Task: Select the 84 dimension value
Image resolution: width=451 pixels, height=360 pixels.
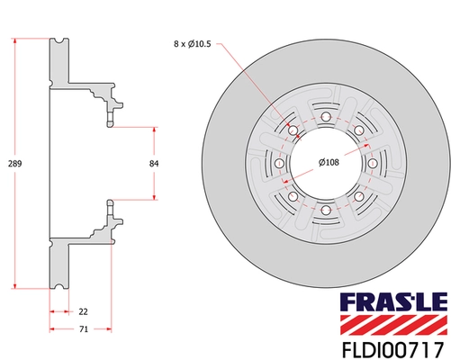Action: click(x=154, y=164)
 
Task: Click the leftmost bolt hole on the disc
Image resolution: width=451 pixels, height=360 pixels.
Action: click(x=280, y=165)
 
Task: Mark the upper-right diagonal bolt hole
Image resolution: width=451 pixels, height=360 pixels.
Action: click(x=359, y=131)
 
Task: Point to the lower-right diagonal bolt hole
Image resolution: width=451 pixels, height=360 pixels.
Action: click(x=359, y=196)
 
